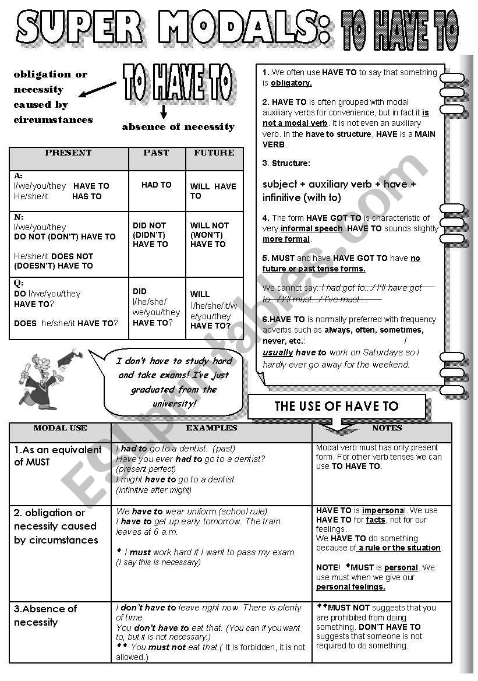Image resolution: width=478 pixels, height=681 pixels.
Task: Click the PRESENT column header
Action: [68, 153]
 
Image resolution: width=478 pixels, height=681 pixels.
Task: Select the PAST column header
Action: [156, 153]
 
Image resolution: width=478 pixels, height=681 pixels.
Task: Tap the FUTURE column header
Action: [214, 153]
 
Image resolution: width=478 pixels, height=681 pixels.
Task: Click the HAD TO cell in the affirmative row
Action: [157, 185]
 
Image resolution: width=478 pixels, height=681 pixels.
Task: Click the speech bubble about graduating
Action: [174, 382]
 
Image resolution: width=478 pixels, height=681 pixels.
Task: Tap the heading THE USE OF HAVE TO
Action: [337, 407]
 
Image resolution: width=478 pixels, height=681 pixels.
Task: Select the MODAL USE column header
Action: [60, 428]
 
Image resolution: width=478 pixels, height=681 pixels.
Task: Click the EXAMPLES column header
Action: [211, 428]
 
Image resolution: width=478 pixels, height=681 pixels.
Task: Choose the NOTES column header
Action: [387, 428]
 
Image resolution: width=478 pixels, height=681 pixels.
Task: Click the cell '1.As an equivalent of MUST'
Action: [58, 456]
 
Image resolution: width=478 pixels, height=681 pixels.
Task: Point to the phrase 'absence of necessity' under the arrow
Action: [178, 127]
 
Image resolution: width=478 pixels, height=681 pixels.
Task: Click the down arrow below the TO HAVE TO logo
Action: [164, 112]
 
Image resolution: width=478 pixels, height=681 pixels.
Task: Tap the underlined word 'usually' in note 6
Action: [278, 353]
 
